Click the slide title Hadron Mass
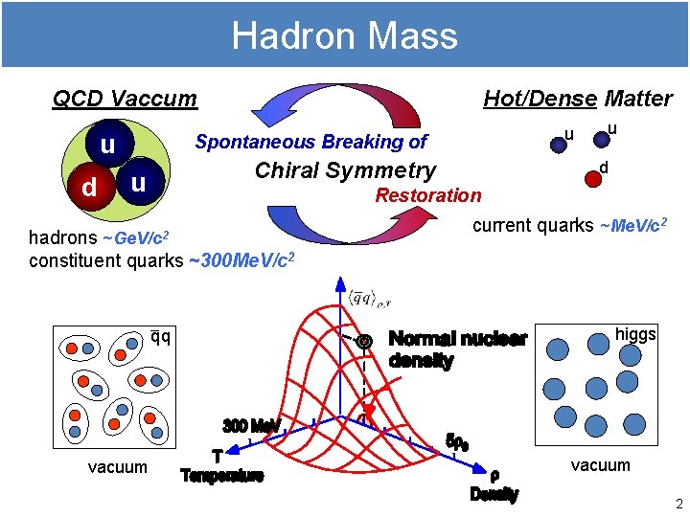pos(345,36)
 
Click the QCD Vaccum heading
pos(125,99)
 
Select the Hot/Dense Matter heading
pos(577,99)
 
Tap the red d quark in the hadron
pos(88,187)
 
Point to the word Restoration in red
pos(428,195)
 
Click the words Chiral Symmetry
pos(345,170)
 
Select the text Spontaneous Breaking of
pos(311,142)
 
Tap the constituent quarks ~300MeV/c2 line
pos(161,259)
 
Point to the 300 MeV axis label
pos(251,424)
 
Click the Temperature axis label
pos(222,476)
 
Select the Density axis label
pos(494,494)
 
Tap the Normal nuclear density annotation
pos(457,349)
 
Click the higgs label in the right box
pos(635,334)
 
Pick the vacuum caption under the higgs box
pos(601,465)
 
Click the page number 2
pos(678,505)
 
